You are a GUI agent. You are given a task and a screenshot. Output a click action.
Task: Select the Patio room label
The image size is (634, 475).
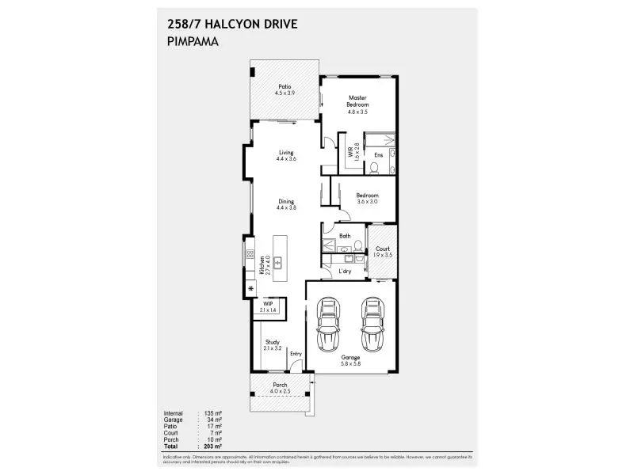pyautogui.click(x=285, y=89)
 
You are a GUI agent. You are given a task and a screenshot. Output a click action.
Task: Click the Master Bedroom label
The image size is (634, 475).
pyautogui.click(x=358, y=104)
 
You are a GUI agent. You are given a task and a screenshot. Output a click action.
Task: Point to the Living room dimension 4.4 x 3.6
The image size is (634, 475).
pyautogui.click(x=285, y=159)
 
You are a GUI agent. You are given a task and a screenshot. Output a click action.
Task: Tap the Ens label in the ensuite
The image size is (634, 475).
pyautogui.click(x=379, y=155)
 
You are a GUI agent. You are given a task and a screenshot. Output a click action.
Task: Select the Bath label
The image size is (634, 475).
pyautogui.click(x=345, y=236)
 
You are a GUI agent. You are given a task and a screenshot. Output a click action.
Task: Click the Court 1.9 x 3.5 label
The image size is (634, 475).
pyautogui.click(x=383, y=252)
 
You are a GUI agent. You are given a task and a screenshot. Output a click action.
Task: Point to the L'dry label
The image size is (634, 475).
pyautogui.click(x=345, y=272)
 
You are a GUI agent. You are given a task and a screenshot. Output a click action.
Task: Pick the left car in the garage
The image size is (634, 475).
pyautogui.click(x=327, y=325)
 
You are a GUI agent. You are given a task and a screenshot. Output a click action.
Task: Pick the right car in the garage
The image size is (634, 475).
pyautogui.click(x=372, y=325)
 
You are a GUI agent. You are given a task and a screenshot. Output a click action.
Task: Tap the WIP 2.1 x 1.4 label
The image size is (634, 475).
pyautogui.click(x=268, y=306)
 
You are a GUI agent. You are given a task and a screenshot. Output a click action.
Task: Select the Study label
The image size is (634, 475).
pyautogui.click(x=272, y=345)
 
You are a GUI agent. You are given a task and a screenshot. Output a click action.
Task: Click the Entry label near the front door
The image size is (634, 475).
pyautogui.click(x=296, y=353)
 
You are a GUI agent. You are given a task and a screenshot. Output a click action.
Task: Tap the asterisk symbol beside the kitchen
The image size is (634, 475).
pyautogui.click(x=251, y=290)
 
